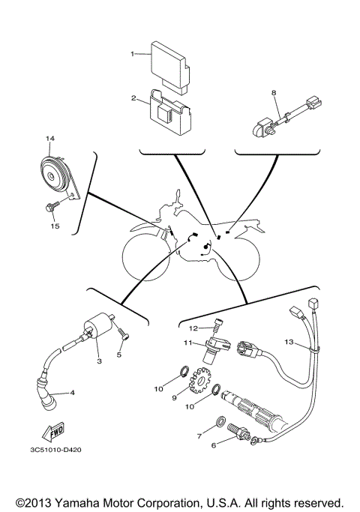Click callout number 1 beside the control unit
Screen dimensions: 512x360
click(x=133, y=54)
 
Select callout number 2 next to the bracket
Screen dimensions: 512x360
click(x=133, y=98)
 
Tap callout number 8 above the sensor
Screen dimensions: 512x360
click(x=274, y=92)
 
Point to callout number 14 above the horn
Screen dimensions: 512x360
click(x=50, y=139)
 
